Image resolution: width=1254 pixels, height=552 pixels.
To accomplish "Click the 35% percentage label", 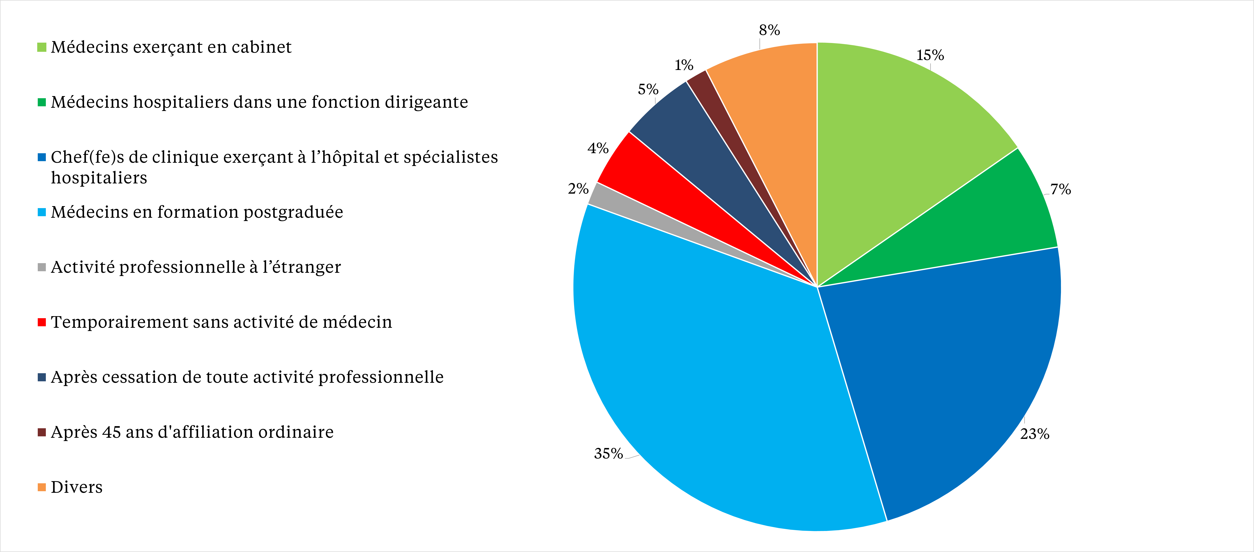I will click(608, 454).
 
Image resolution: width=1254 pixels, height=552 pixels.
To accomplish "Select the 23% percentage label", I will click(1035, 434).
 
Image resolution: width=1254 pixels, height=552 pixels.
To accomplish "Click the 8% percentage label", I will click(769, 30).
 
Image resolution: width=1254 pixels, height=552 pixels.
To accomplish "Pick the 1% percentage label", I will click(683, 65).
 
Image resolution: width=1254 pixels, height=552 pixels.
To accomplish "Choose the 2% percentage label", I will click(578, 188).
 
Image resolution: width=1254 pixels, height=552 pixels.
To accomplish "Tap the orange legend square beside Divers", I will click(42, 487).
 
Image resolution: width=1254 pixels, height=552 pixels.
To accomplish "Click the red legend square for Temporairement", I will click(42, 322).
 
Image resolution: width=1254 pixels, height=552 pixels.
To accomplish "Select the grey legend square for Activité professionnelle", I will click(42, 267).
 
